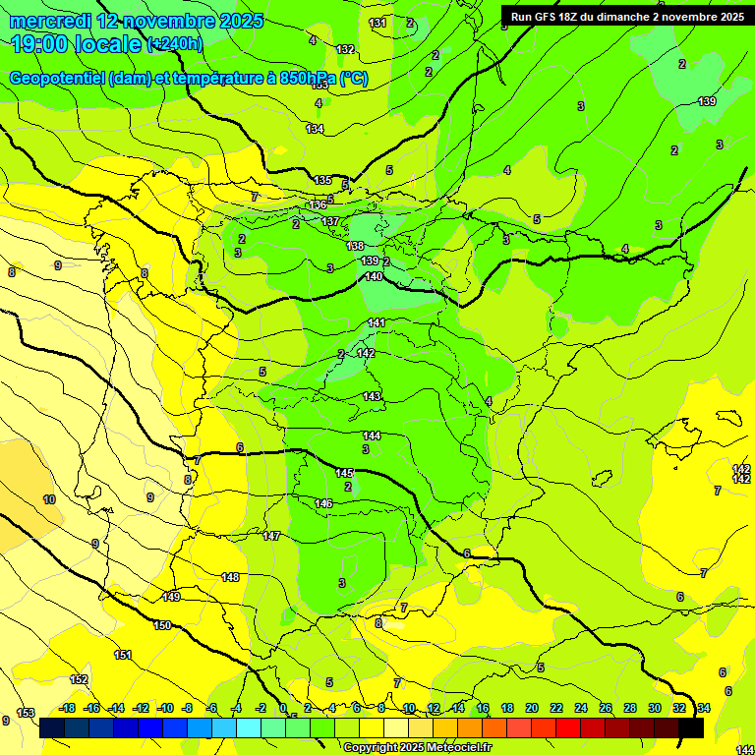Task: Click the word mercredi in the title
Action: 49,21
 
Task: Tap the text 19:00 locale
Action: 75,44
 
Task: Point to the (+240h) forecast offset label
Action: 175,44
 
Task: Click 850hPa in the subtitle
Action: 308,79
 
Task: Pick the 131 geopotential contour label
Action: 377,23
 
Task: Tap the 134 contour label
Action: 315,129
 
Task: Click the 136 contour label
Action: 317,204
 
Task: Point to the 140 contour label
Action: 374,276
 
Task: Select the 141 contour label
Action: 377,322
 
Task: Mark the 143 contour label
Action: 372,396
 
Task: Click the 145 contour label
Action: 344,473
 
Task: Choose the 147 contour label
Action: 271,536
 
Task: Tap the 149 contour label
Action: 172,597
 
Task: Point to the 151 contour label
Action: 123,655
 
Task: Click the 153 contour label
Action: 26,713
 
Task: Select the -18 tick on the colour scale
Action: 68,708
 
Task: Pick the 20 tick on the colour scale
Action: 531,708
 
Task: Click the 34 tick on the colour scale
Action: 704,708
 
